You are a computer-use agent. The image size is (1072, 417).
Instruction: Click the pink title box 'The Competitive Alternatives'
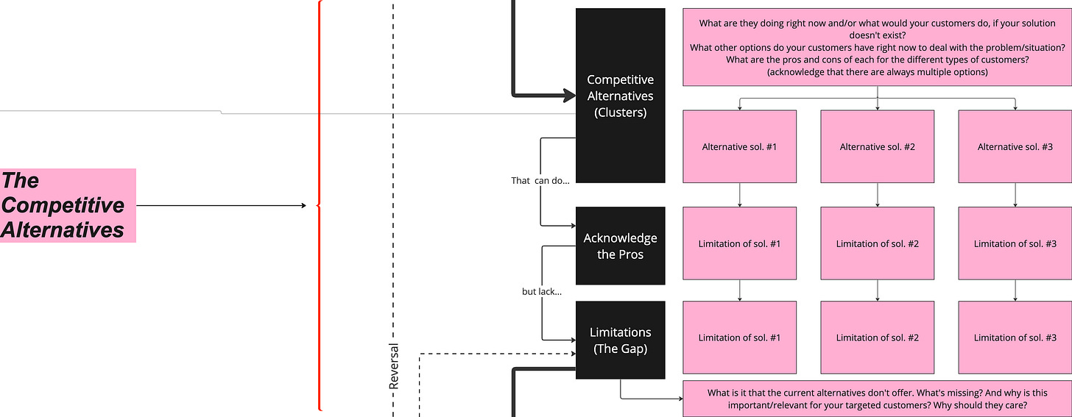coord(68,205)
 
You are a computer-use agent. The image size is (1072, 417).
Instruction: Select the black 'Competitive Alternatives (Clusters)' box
coord(620,96)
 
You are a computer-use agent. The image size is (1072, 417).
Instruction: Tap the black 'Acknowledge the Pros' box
coord(620,246)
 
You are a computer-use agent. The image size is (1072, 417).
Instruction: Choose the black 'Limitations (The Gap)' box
coord(620,340)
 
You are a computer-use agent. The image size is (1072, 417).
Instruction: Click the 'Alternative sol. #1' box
coord(739,146)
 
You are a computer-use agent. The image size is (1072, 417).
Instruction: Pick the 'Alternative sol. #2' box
coord(877,146)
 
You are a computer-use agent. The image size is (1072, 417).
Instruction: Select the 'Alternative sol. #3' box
coord(1015,146)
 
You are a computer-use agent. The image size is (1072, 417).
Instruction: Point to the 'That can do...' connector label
coord(540,180)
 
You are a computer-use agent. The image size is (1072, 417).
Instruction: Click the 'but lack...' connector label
coord(542,291)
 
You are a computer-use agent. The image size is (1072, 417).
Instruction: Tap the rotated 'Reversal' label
coord(394,366)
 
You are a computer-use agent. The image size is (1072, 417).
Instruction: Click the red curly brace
coord(319,205)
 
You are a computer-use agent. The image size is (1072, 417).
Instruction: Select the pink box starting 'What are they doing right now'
coord(877,48)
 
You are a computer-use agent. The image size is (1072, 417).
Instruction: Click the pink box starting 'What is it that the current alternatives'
coord(877,399)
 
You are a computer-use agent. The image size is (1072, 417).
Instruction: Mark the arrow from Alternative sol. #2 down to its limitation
coord(877,195)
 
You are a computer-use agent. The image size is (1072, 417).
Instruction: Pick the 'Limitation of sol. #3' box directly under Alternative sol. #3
coord(1015,243)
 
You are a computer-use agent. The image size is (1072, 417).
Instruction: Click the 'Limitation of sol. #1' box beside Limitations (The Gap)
coord(739,338)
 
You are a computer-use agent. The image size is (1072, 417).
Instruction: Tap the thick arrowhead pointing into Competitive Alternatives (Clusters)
coord(568,95)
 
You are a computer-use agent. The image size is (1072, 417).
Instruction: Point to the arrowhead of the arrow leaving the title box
coord(303,205)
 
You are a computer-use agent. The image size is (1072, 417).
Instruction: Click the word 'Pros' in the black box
coord(631,254)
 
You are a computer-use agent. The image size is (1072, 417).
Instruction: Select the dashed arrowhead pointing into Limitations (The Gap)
coord(571,354)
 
